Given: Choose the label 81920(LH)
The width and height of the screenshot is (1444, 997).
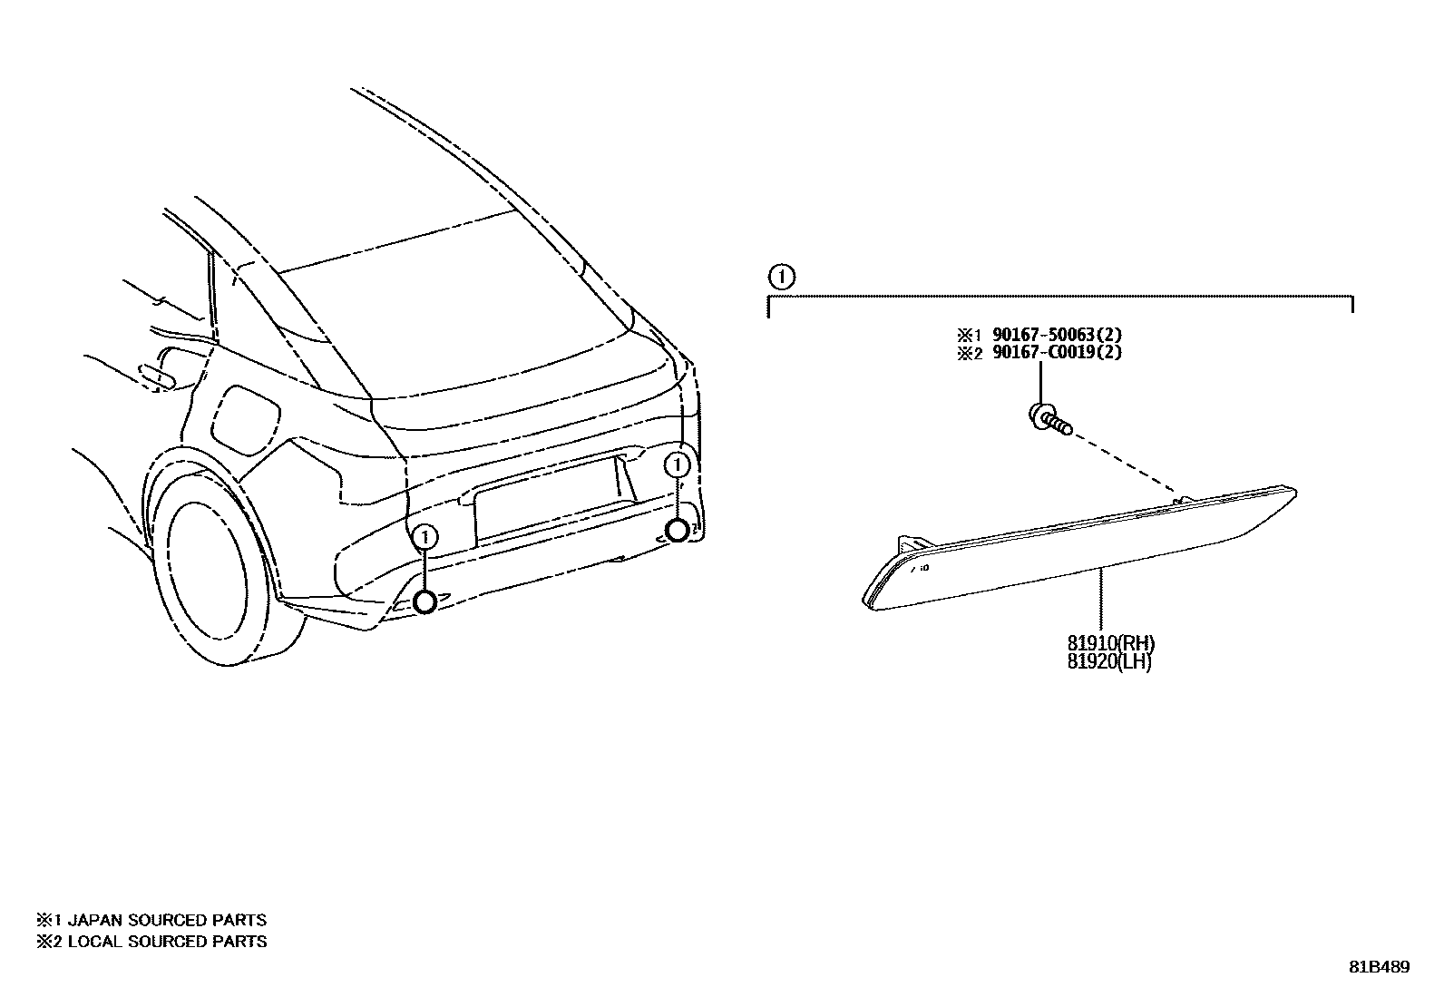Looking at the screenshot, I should pyautogui.click(x=1109, y=662).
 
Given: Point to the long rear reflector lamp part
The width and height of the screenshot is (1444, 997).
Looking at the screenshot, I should pyautogui.click(x=1079, y=549).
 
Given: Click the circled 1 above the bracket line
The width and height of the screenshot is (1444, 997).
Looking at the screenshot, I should pyautogui.click(x=782, y=276).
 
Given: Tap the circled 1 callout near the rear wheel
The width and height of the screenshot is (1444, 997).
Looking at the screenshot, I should pyautogui.click(x=424, y=538).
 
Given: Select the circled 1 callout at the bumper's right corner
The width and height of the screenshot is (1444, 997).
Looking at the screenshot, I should pyautogui.click(x=677, y=465).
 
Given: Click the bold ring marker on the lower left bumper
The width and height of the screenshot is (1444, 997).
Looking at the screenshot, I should pyautogui.click(x=424, y=601).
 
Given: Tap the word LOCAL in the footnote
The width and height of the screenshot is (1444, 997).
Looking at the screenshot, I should pyautogui.click(x=96, y=942).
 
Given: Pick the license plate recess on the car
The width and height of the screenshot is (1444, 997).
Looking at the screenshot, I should pyautogui.click(x=544, y=503).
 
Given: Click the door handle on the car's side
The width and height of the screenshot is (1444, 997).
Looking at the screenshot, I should pyautogui.click(x=159, y=374).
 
